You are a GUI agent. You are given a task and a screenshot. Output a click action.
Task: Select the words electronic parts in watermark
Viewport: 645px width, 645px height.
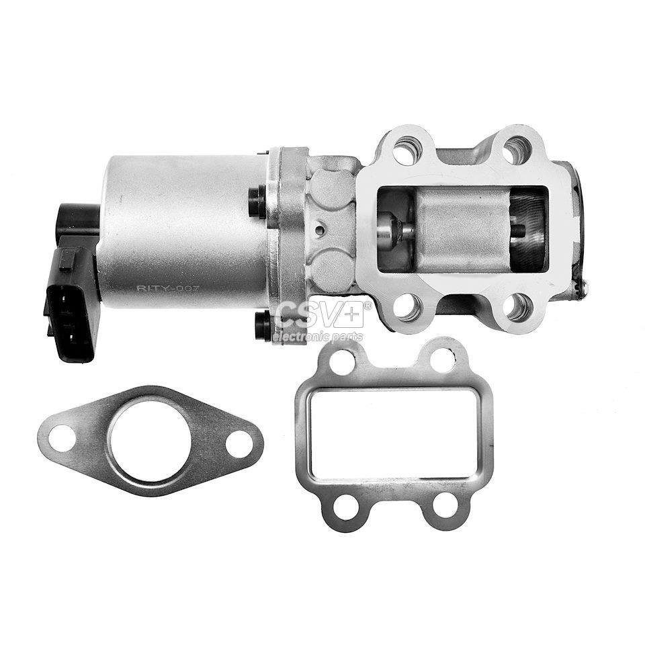pos(318,337)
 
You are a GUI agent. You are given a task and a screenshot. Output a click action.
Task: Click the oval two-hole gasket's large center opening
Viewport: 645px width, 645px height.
pos(148,439)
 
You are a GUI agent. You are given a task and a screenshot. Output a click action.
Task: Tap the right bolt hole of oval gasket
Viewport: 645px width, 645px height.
pos(239,443)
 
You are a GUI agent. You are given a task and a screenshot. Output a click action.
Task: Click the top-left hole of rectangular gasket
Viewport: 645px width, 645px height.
pos(343,363)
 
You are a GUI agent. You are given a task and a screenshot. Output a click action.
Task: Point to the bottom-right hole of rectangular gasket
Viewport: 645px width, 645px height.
pos(443,506)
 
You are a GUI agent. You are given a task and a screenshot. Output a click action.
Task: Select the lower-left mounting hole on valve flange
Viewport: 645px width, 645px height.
pos(407,308)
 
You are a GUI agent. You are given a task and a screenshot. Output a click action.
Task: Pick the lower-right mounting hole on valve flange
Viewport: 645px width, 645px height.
pos(518,306)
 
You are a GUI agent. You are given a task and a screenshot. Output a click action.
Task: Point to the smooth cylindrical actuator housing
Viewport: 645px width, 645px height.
pos(181,228)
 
